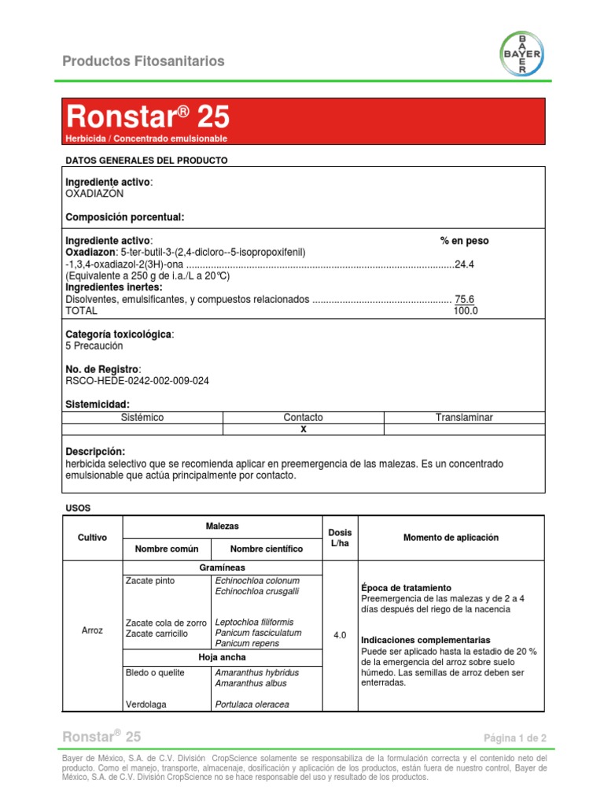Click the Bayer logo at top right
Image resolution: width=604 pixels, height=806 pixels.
(x=522, y=54)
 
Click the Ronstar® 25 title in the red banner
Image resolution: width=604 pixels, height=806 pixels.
(x=148, y=117)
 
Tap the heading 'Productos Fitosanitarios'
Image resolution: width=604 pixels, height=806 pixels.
(x=143, y=61)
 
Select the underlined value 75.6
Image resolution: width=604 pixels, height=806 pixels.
(x=465, y=299)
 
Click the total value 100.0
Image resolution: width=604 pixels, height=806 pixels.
(x=466, y=311)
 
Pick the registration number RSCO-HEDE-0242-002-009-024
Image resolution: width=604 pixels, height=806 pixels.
(x=137, y=381)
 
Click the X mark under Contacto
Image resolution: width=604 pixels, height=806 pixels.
(x=304, y=430)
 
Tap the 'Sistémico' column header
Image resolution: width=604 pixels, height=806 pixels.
(x=142, y=417)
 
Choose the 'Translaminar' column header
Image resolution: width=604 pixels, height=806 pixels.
(x=464, y=417)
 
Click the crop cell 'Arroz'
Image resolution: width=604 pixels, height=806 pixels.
(x=92, y=630)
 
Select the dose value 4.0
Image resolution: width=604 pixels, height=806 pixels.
(x=340, y=634)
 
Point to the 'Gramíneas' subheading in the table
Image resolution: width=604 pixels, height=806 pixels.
(x=222, y=568)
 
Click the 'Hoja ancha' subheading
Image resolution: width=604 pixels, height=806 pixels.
(x=222, y=656)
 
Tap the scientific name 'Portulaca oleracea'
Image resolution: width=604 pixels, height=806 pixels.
(x=252, y=704)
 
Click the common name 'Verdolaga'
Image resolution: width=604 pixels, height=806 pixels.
(x=147, y=704)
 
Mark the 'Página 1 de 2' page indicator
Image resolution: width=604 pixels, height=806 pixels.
(x=515, y=738)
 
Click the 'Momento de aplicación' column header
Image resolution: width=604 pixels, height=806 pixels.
(x=451, y=538)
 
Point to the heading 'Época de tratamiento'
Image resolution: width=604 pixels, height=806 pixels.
(x=406, y=588)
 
